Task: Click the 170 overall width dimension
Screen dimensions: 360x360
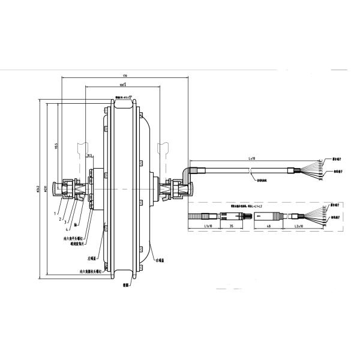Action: (124, 76)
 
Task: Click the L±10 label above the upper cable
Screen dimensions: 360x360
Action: (250, 157)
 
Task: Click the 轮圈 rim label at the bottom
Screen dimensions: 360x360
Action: (127, 287)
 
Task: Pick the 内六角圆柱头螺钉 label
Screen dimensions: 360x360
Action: (90, 271)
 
